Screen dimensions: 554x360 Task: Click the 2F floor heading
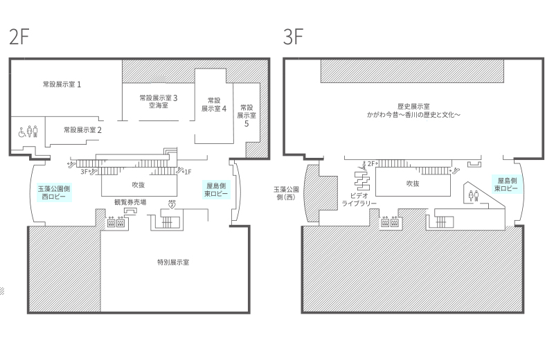point(19,37)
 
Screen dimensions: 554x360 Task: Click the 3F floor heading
point(293,37)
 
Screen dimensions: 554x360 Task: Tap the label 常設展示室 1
point(62,84)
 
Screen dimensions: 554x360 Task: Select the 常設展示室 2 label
point(82,130)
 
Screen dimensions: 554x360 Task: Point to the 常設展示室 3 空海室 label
point(159,101)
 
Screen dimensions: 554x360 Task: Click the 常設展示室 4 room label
point(214,105)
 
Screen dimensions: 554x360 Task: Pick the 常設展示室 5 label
point(247,116)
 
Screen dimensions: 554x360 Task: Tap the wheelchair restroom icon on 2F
point(22,132)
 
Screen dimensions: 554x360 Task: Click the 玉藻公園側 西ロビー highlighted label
point(54,192)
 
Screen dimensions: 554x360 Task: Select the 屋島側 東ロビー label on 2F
point(216,190)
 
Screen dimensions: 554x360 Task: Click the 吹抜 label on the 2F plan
point(138,185)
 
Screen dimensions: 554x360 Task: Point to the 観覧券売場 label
point(130,202)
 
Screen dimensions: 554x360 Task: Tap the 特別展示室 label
point(173,262)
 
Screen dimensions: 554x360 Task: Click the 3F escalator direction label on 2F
point(84,172)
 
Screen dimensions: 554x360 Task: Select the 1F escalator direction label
point(188,172)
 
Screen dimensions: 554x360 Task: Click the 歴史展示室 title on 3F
point(413,107)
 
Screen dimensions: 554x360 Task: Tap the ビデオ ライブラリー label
point(359,199)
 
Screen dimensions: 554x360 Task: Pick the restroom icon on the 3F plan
point(473,196)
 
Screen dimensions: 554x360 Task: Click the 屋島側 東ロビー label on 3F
point(506,184)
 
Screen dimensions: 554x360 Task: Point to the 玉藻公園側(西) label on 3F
point(287,193)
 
